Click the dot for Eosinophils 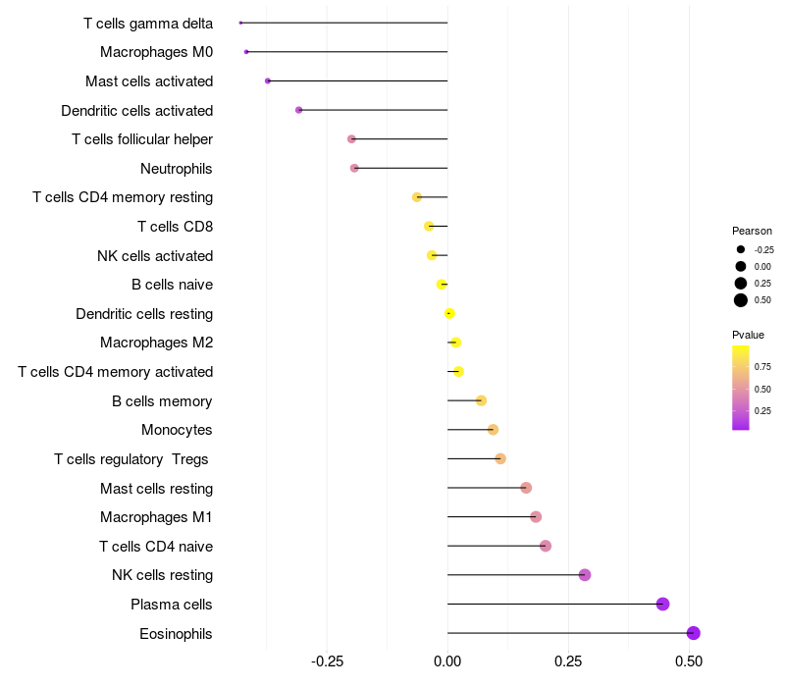(693, 633)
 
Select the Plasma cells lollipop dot (663, 604)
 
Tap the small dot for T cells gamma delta (240, 23)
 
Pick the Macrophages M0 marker (246, 52)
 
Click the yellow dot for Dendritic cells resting (449, 313)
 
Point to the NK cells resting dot (584, 575)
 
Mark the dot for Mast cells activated (268, 81)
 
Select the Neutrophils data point (354, 168)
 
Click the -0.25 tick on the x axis (327, 661)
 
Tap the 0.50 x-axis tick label (689, 661)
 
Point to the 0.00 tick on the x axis (447, 661)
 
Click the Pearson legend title (752, 231)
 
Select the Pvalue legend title (748, 335)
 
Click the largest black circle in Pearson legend (741, 300)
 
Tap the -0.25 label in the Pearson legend (764, 250)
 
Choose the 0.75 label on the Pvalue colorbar (762, 367)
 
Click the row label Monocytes (177, 430)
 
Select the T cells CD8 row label (176, 227)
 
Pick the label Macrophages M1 (156, 517)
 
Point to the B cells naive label (173, 285)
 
